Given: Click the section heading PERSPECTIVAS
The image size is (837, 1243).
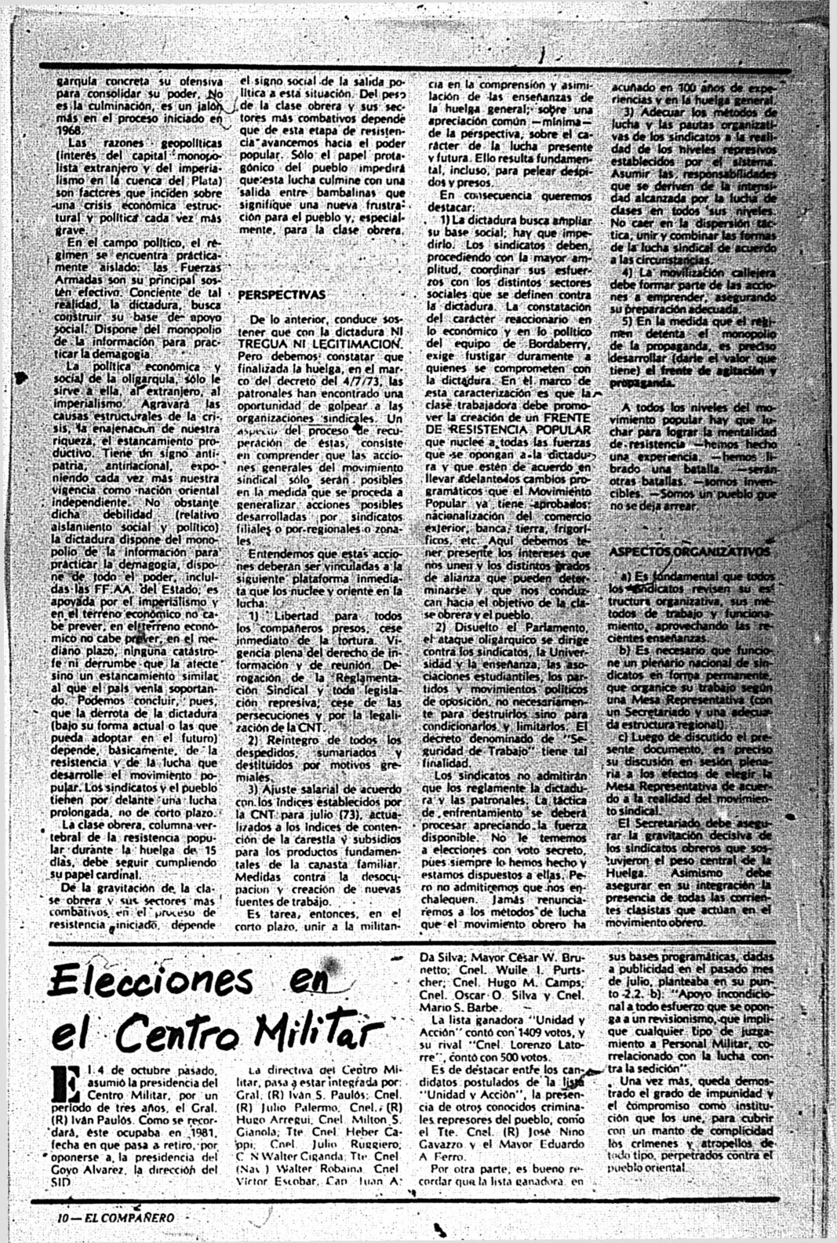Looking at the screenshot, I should tap(281, 295).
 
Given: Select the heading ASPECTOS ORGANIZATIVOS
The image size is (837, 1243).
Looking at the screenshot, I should tap(690, 552).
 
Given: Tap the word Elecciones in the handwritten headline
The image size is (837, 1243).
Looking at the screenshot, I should tap(149, 981).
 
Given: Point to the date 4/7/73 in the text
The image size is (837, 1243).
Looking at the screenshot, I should tap(354, 382).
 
